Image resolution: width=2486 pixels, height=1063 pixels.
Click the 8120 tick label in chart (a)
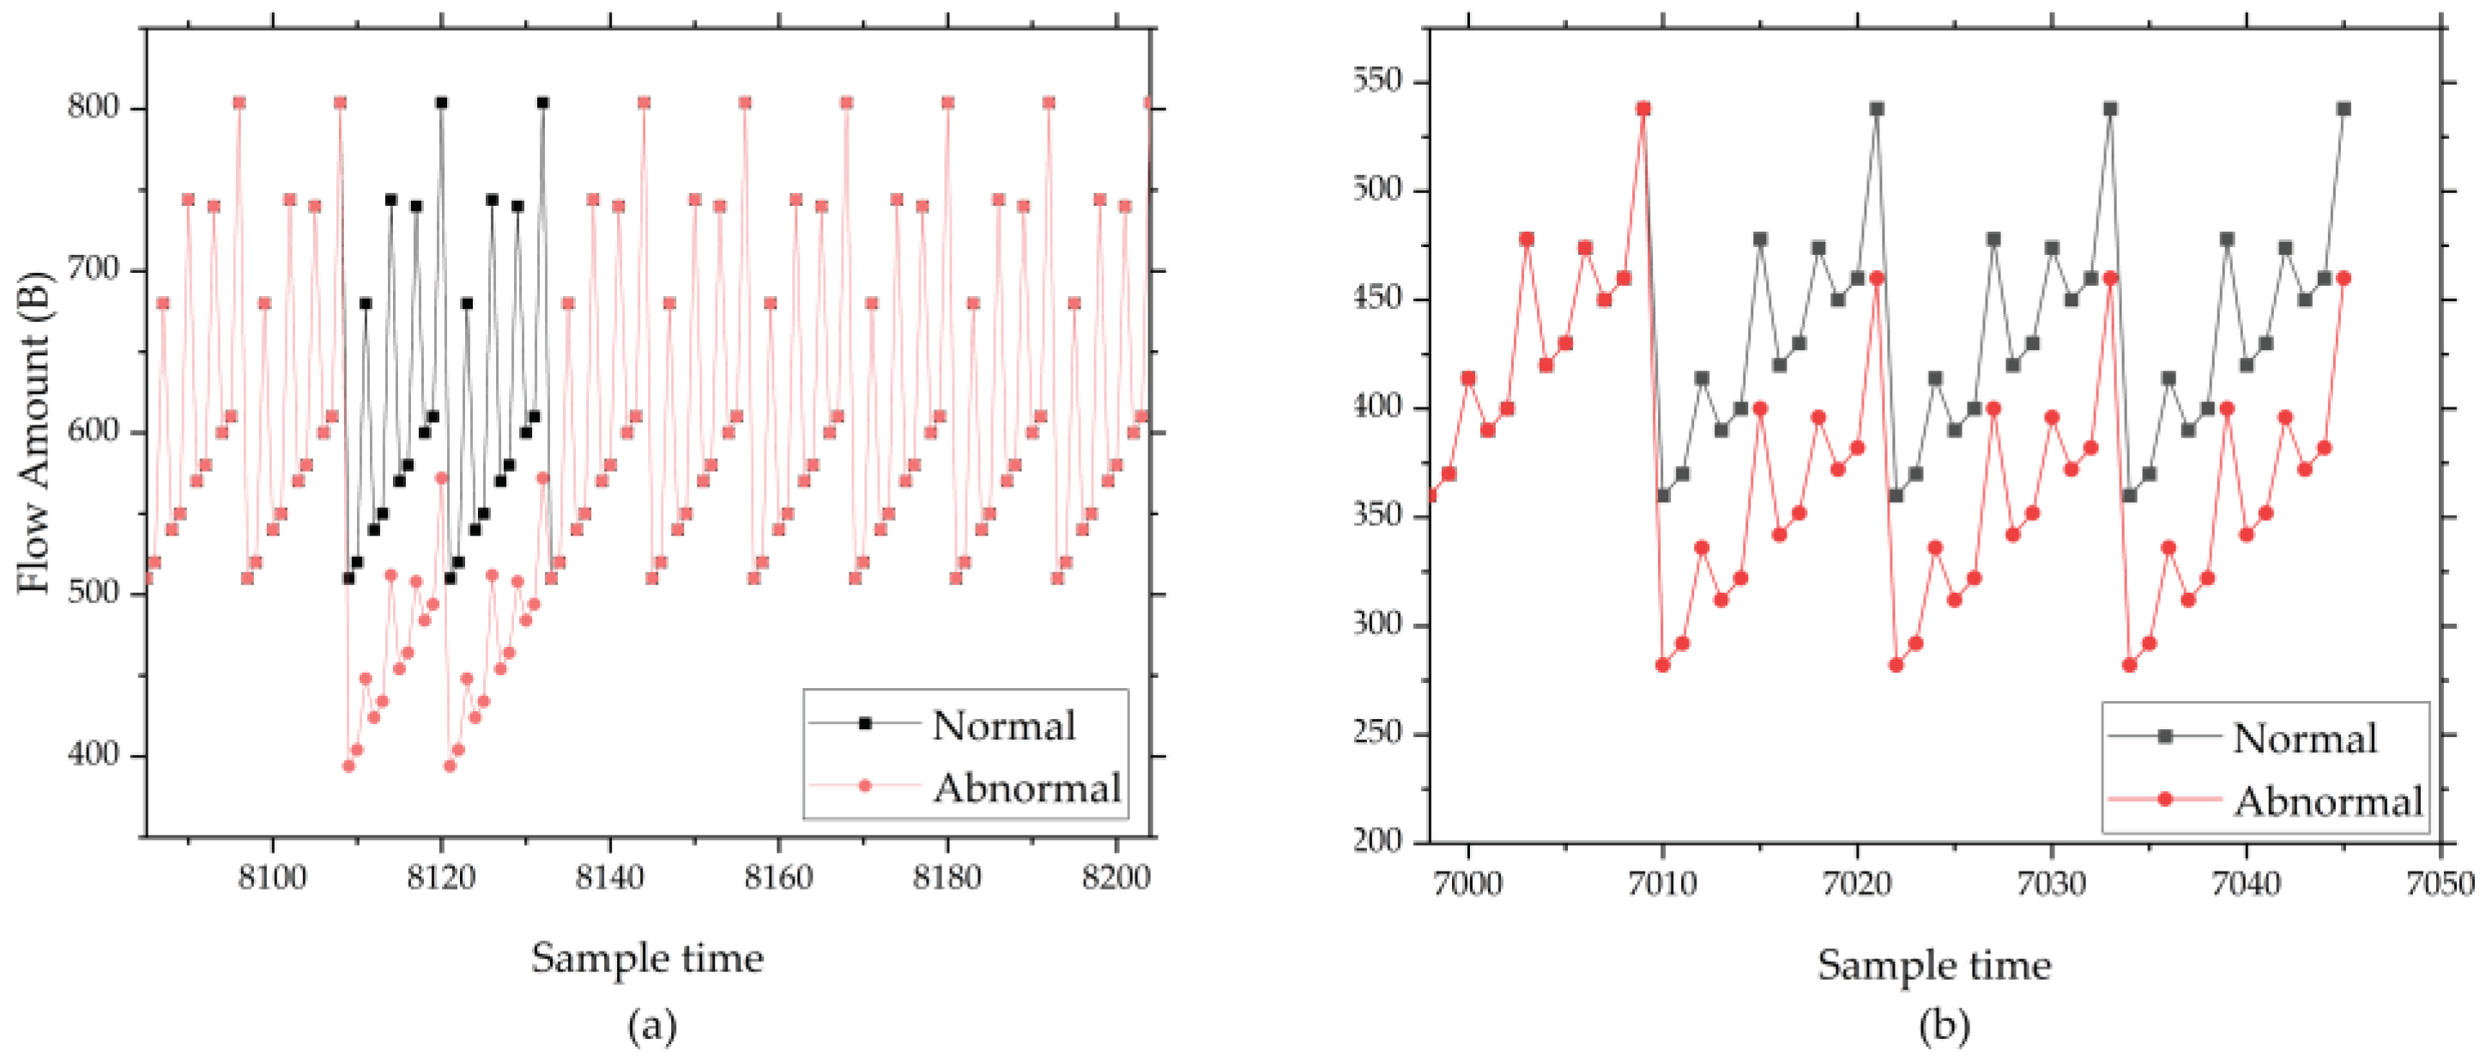441,878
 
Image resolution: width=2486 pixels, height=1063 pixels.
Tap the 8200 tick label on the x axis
1116,878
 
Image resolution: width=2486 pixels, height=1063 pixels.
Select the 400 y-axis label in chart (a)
94,754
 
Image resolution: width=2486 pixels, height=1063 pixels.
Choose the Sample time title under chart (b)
1934,964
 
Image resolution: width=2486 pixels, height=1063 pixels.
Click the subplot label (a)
651,1026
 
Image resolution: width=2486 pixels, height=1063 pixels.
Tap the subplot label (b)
1944,1026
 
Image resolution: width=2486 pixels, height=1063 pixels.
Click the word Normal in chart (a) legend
1004,725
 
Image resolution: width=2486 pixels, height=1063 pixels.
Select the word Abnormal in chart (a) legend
1025,788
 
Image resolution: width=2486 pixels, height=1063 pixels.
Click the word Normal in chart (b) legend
2305,738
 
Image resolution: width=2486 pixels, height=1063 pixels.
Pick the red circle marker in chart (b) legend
2165,799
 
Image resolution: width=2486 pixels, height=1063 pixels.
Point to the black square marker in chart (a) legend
865,722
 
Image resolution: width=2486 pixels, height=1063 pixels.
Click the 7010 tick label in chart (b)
1662,884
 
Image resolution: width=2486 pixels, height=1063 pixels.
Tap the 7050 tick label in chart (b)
2440,884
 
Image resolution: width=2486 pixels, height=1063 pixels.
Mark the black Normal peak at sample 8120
441,102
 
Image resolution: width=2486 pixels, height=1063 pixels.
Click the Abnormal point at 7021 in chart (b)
1876,278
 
